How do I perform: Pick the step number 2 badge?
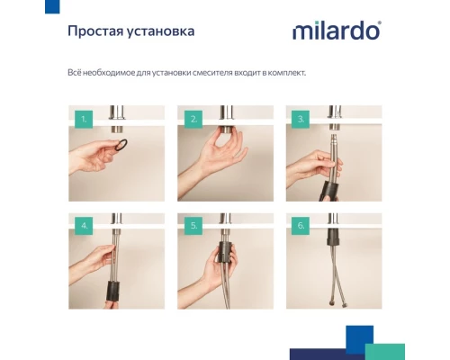point(193,118)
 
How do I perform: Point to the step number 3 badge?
point(301,118)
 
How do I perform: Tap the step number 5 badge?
point(193,227)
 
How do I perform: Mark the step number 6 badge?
point(301,227)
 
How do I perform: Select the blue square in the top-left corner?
point(52,6)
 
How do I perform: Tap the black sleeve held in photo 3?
point(328,184)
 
